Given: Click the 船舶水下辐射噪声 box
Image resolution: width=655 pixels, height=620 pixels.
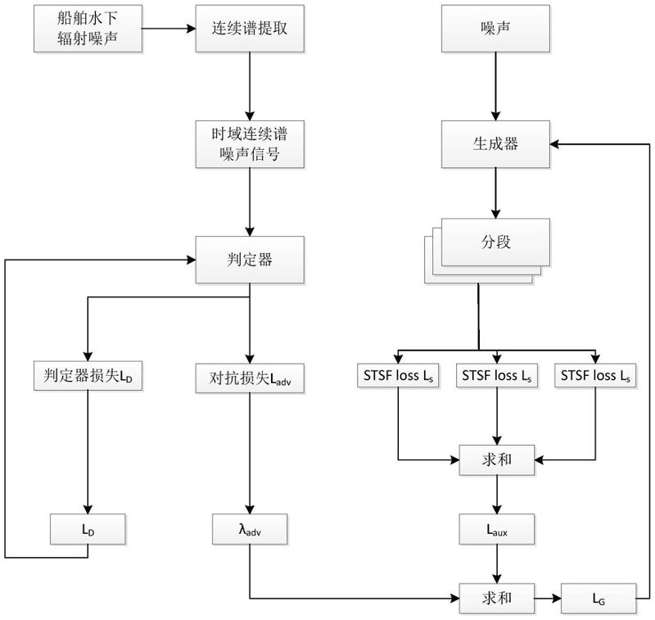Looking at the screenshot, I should [x=88, y=28].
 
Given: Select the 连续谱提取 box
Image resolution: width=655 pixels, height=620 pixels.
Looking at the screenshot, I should [x=249, y=28].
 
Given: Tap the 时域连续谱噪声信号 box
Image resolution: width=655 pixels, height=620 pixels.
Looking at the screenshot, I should [x=249, y=143].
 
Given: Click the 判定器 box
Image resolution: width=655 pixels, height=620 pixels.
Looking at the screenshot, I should [x=249, y=260].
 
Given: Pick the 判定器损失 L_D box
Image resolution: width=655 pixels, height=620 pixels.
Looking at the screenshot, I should [x=88, y=377].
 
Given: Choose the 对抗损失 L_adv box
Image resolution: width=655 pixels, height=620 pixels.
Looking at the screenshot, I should [x=249, y=377].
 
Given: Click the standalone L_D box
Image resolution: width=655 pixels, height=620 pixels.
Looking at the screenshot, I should [x=88, y=528].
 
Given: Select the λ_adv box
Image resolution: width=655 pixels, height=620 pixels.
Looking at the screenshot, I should [x=249, y=528].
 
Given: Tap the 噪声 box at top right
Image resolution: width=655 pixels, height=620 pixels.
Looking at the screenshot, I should [x=495, y=28].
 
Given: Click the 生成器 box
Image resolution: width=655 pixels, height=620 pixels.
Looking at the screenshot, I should [x=495, y=143].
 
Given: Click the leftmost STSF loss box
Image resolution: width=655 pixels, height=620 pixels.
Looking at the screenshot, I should [x=398, y=377].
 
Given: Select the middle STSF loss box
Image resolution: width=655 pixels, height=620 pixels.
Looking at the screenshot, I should [x=495, y=377].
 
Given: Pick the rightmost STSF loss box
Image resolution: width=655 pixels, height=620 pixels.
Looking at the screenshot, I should [x=595, y=377].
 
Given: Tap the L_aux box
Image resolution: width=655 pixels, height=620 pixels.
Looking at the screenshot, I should [x=495, y=528].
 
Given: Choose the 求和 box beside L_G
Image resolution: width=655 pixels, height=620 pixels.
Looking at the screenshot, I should [x=495, y=599].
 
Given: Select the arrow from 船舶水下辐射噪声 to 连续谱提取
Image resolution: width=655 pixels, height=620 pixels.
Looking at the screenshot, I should [x=168, y=28].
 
